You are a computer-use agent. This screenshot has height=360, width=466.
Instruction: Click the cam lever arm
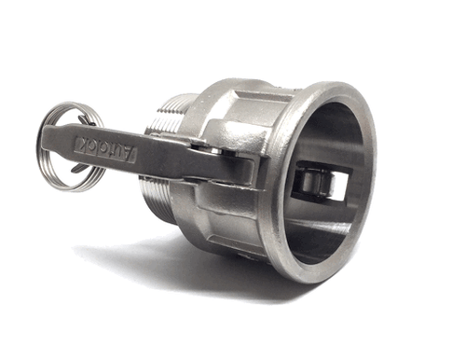[x=158, y=158]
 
